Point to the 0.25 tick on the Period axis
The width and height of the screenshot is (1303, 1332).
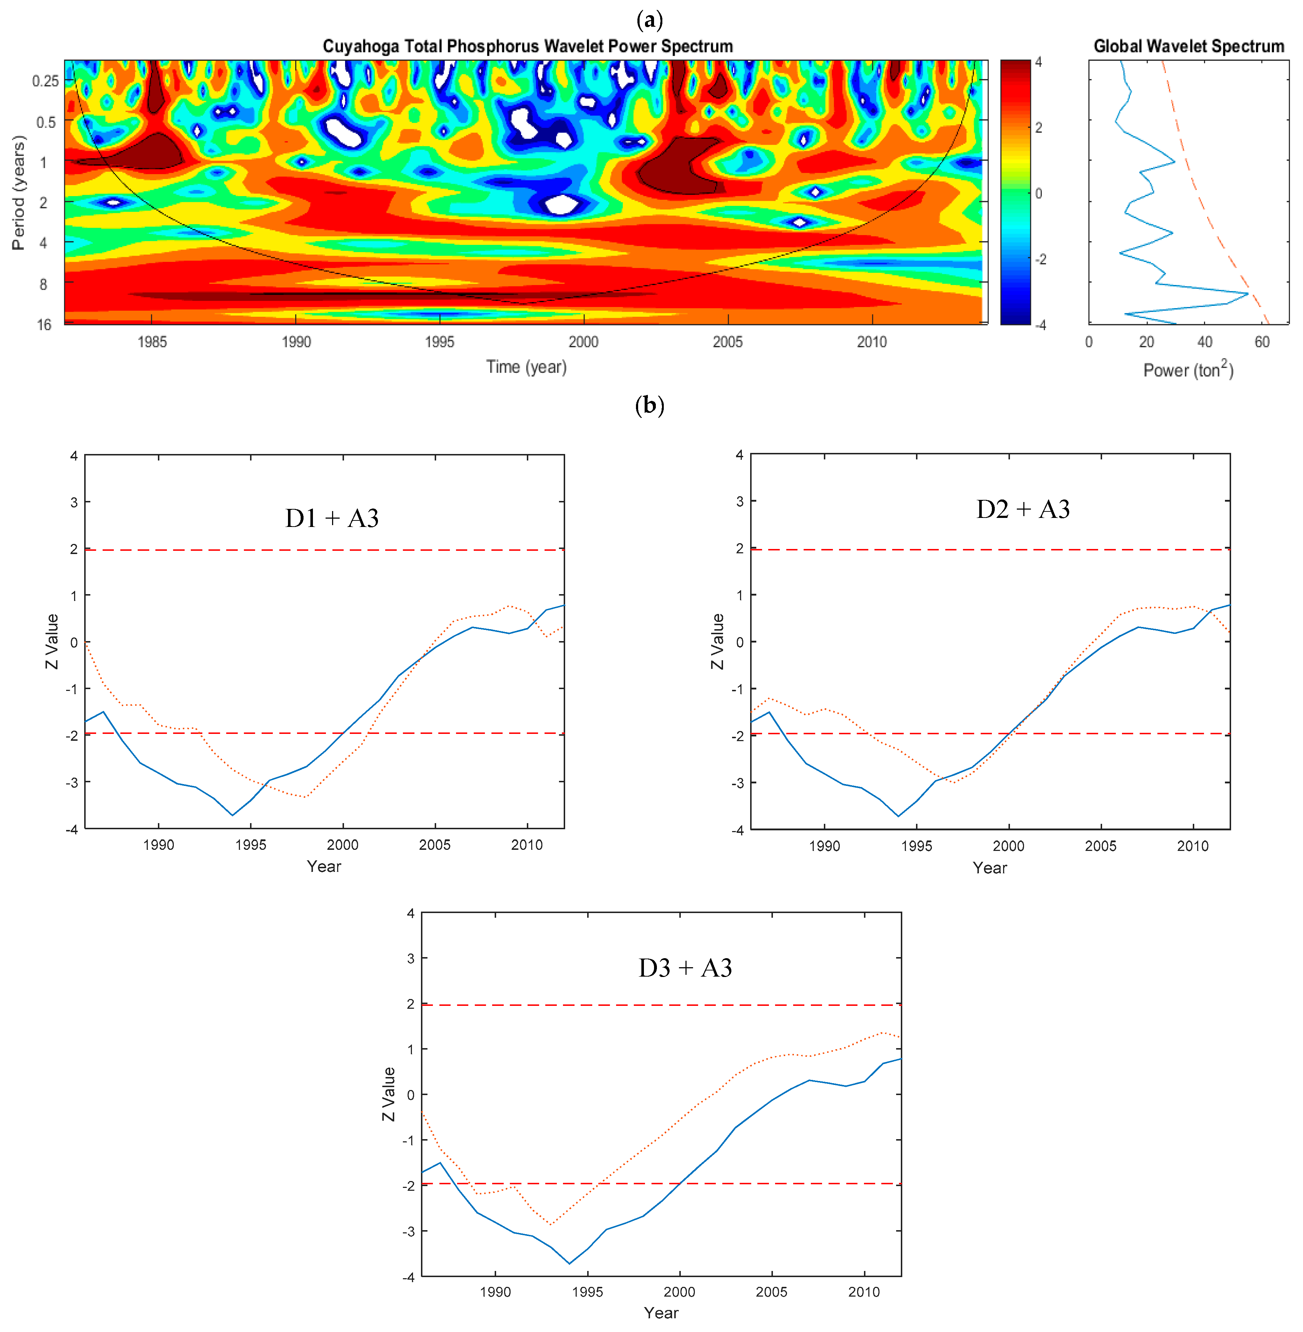point(45,81)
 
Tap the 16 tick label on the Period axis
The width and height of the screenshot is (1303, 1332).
point(44,324)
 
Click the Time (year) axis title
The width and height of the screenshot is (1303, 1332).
point(526,367)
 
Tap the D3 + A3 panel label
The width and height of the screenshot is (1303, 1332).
point(685,968)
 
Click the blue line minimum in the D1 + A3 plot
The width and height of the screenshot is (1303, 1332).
point(233,815)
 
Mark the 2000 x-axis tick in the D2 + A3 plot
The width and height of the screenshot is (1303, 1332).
point(1009,846)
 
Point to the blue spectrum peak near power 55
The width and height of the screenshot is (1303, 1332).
point(1248,294)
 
